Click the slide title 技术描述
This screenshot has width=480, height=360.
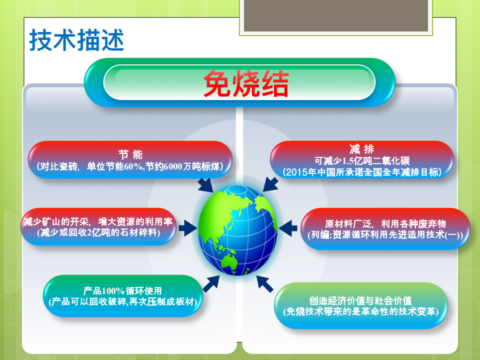pos(76,40)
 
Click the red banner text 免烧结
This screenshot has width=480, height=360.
pos(246,83)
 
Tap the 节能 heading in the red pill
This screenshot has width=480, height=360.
pos(130,154)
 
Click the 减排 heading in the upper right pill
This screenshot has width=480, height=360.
pos(362,149)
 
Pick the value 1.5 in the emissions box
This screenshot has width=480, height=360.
pos(347,160)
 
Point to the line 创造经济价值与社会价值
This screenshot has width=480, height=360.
pos(360,300)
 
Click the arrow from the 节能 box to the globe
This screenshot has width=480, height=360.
pos(205,185)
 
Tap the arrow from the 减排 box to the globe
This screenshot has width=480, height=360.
pos(270,184)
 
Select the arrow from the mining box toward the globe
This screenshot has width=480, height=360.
pos(188,228)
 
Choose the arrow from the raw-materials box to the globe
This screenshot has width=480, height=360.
pos(288,228)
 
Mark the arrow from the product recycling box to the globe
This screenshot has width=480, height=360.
pos(211,283)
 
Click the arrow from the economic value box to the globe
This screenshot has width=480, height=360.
pos(265,284)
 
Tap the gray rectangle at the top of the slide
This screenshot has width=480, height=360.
pos(336,15)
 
